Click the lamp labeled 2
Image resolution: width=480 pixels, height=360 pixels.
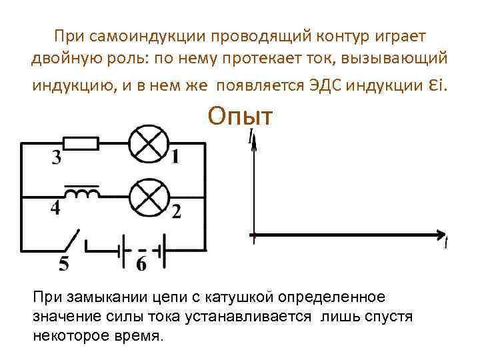tap(142, 197)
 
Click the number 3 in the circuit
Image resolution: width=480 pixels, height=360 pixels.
tap(57, 159)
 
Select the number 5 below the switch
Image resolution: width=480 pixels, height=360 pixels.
tap(63, 265)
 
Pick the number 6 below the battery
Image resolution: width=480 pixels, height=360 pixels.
tap(141, 264)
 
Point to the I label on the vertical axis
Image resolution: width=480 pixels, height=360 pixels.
tap(251, 137)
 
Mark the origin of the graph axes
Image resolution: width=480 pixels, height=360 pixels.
tap(253, 235)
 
